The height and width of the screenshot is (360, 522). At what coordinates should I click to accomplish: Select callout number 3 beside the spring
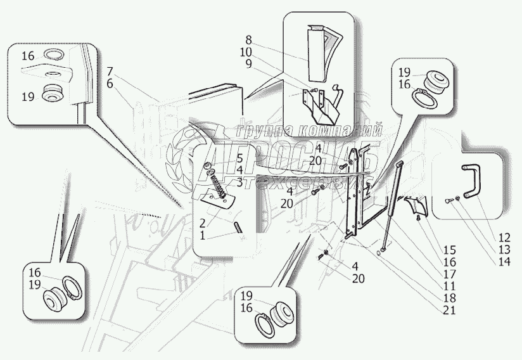point(222,182)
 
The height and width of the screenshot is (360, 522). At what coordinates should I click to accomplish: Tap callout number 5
point(222,158)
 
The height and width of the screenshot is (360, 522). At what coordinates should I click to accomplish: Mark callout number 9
point(248,63)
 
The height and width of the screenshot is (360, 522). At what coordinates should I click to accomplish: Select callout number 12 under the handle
point(505,238)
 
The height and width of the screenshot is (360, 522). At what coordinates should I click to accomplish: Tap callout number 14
point(505,260)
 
